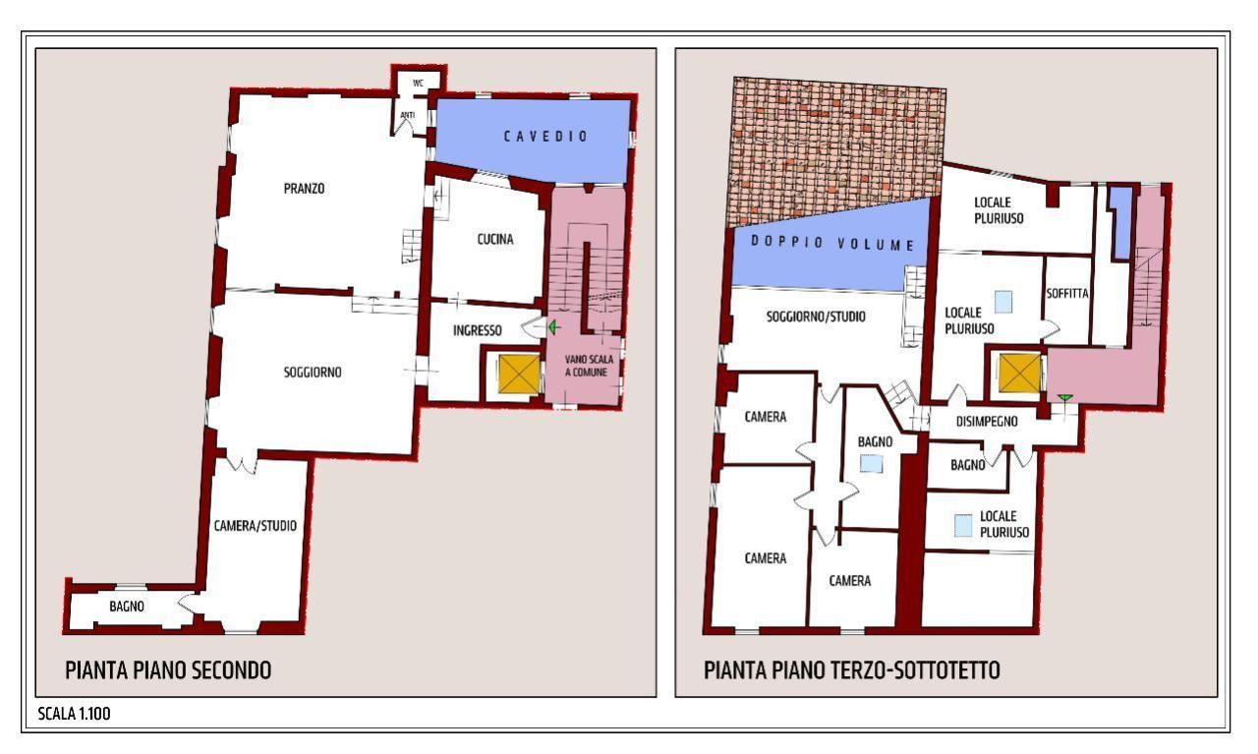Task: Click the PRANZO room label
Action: (304, 188)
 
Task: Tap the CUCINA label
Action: (494, 239)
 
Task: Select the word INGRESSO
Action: (478, 330)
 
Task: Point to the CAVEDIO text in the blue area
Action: (545, 137)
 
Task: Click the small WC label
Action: (418, 84)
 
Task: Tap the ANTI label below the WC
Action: (407, 115)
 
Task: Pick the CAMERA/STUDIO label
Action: (256, 526)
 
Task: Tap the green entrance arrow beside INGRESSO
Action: (553, 327)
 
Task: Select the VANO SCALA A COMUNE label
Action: (588, 366)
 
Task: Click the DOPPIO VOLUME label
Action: (832, 243)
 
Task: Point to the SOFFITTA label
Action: (1067, 293)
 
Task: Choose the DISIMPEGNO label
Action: (987, 422)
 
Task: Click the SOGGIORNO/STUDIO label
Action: (816, 317)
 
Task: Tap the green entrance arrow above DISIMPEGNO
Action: (1064, 398)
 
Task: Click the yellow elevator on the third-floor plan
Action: (1020, 373)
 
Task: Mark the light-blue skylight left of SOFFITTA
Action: (1003, 301)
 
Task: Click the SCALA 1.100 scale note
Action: (74, 714)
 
